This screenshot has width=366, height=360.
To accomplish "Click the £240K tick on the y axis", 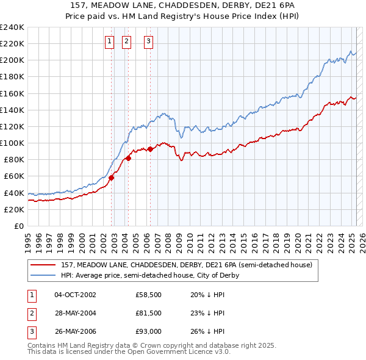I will (12, 27).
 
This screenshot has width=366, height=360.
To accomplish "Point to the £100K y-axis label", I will (12, 143).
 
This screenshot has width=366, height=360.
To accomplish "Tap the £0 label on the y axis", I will (20, 226).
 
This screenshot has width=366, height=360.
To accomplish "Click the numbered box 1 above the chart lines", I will (109, 41).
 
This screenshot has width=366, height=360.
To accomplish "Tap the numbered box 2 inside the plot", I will (126, 41).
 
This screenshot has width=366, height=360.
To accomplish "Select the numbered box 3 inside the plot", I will (149, 41).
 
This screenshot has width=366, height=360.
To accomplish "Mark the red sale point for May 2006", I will (150, 149).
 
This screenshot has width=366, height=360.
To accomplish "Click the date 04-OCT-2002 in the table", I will (75, 295).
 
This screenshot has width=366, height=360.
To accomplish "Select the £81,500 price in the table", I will (149, 313).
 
